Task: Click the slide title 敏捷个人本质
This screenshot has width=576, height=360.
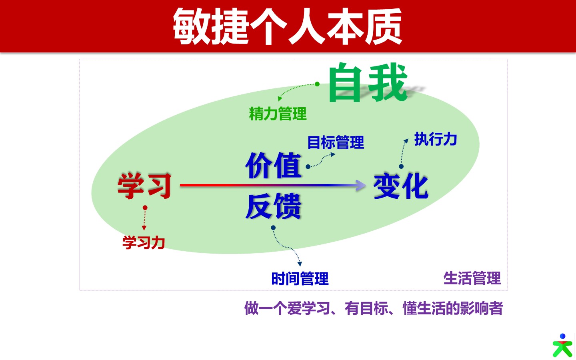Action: [287, 26]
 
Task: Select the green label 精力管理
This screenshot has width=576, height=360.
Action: [278, 114]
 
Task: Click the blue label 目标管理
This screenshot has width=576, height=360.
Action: [336, 142]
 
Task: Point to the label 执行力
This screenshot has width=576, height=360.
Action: [435, 139]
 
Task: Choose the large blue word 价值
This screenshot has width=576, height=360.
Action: [273, 165]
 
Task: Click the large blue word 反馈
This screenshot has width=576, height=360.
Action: [273, 206]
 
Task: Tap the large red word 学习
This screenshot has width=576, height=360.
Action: [144, 186]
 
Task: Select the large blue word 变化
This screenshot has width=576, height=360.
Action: [401, 186]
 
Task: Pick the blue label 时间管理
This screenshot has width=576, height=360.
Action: [300, 278]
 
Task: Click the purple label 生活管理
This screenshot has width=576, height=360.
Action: [472, 278]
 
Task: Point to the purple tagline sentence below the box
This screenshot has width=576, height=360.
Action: [374, 308]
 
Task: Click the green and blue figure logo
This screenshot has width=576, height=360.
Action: [562, 345]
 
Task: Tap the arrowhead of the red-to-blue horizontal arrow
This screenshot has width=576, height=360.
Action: [360, 185]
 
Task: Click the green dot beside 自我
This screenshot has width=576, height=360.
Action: [317, 84]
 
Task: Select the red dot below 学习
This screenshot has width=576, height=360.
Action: [145, 208]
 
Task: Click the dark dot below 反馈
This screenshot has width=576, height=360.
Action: [273, 228]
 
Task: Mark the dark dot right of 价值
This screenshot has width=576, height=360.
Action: [308, 167]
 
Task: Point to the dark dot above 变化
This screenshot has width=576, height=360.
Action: [401, 167]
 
